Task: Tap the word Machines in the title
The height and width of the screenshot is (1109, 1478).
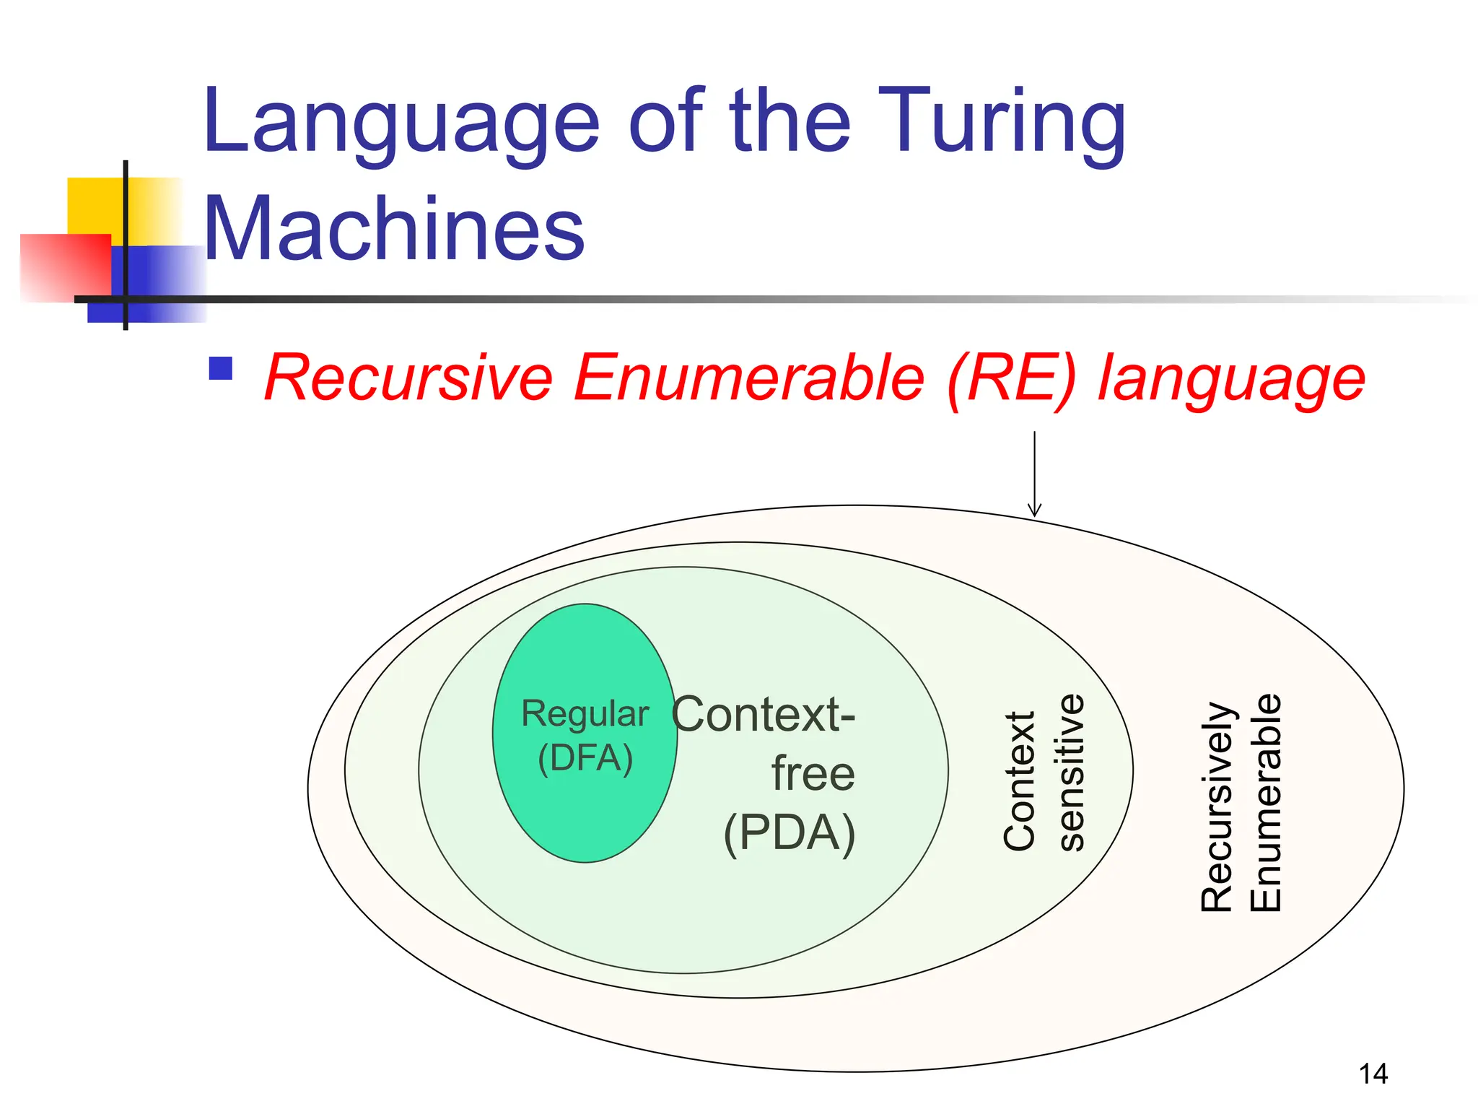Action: [x=393, y=230]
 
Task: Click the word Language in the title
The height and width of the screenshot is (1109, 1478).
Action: [x=401, y=123]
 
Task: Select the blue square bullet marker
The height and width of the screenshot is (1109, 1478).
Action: [x=220, y=368]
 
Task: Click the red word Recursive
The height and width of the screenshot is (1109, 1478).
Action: [x=408, y=378]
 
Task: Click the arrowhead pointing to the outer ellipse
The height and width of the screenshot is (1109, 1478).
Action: [x=1034, y=510]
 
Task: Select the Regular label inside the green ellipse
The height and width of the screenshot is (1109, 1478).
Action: [x=585, y=714]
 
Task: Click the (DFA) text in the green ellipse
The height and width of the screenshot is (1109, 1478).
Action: [x=585, y=758]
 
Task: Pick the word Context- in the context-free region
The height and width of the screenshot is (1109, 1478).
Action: [x=763, y=715]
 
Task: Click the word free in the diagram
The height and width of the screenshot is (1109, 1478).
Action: [x=813, y=774]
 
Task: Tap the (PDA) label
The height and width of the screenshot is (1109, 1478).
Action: [x=789, y=833]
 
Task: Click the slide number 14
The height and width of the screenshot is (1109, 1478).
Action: [x=1373, y=1074]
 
